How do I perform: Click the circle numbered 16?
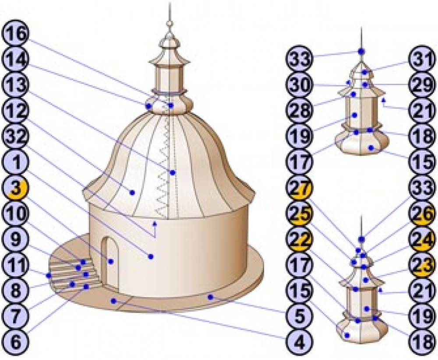coord(15,34)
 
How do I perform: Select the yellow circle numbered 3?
coord(15,188)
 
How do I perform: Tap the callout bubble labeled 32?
coord(15,137)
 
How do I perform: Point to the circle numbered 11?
coord(15,265)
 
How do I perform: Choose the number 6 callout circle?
coord(15,343)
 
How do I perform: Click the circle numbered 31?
coord(422,60)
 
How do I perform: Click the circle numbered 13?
coord(15,85)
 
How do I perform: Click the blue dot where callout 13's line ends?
coord(173,173)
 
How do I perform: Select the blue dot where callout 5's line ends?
coord(211,297)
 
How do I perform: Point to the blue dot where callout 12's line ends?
coord(132,192)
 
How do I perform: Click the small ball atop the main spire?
coord(169,23)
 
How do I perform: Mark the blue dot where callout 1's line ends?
coord(151,257)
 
